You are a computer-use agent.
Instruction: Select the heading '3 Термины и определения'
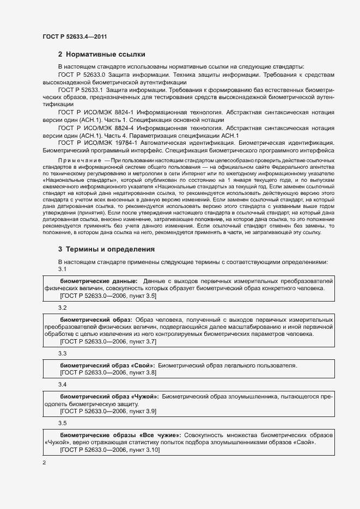coord(106,249)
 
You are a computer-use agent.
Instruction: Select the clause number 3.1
coord(62,269)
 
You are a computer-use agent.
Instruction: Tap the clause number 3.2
coord(62,308)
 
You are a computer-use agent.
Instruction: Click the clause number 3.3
coord(62,354)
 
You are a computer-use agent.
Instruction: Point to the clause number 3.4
coord(62,384)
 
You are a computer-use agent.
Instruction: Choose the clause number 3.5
coord(62,423)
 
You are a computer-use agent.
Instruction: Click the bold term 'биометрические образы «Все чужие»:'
coord(119,436)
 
